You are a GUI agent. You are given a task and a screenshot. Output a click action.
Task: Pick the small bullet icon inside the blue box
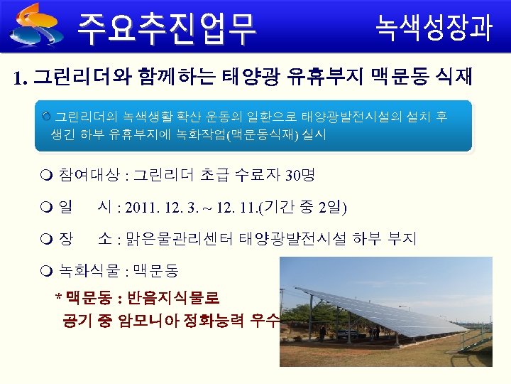[x=46, y=115]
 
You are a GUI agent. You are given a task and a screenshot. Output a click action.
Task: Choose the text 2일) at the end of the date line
[x=333, y=208]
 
